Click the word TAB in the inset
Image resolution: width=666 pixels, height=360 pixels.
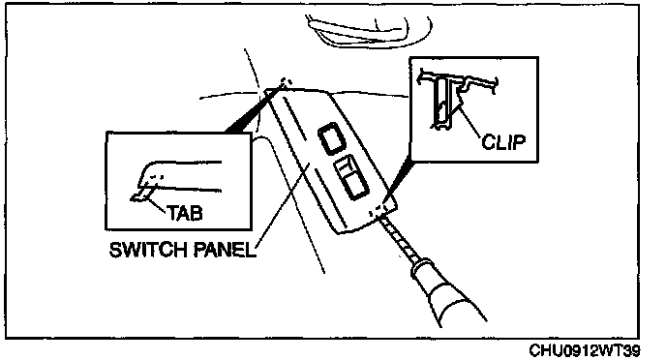[184, 213]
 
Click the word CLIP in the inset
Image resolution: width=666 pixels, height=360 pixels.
[503, 142]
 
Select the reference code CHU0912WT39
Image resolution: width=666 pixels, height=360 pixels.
[585, 350]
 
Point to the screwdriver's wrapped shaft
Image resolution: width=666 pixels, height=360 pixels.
[397, 235]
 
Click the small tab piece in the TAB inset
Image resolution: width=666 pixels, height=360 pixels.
[141, 195]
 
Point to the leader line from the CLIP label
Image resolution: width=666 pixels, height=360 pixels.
[469, 123]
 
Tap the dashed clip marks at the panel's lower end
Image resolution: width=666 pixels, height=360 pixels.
[378, 209]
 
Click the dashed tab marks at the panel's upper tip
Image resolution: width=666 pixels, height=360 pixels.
[286, 82]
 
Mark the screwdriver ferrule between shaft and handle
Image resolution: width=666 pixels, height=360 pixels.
[421, 266]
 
